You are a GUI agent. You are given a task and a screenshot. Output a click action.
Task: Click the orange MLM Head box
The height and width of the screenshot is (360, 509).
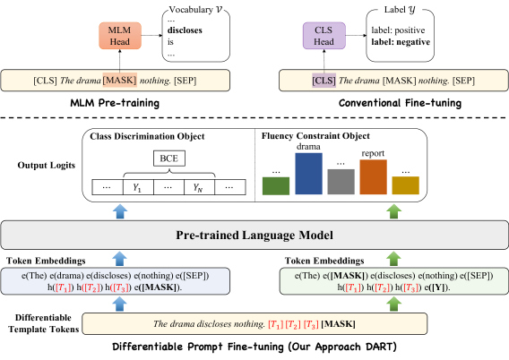click(x=120, y=36)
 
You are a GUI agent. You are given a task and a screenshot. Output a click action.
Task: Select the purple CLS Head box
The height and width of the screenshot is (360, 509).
click(x=324, y=36)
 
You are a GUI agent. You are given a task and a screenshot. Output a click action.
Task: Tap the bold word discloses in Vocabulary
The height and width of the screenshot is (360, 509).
click(x=185, y=30)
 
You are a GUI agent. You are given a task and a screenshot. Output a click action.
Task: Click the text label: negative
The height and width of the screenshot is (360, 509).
click(x=401, y=42)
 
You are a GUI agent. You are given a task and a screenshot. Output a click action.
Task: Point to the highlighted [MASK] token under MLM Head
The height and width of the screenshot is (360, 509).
click(x=120, y=80)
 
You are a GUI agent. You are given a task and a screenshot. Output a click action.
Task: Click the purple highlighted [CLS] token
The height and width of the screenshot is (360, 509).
click(x=324, y=81)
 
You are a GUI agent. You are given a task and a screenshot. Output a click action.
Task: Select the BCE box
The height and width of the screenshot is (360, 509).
click(x=169, y=159)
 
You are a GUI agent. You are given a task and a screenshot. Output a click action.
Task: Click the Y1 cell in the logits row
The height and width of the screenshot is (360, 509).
click(x=138, y=187)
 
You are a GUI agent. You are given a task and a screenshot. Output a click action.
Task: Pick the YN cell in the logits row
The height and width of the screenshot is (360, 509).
click(x=199, y=187)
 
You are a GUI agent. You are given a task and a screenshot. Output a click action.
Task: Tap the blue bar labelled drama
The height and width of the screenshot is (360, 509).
click(x=308, y=174)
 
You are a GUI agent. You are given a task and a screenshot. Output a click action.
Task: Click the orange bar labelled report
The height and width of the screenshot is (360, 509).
click(x=374, y=176)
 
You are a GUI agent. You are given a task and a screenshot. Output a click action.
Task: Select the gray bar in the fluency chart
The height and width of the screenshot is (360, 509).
click(x=341, y=182)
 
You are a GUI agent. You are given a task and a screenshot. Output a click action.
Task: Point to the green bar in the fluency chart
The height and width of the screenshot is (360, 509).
click(x=276, y=186)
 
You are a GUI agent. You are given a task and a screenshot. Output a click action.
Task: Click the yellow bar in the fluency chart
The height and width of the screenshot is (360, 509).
click(x=406, y=185)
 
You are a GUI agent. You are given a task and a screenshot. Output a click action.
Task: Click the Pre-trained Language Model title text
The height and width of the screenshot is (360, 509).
click(x=254, y=235)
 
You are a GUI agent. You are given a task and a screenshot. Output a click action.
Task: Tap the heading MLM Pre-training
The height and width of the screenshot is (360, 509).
click(x=115, y=103)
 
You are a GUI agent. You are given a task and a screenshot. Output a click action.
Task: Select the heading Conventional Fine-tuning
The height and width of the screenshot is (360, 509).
click(x=400, y=103)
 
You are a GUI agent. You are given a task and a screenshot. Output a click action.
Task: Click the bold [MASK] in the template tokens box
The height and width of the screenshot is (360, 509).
click(x=338, y=323)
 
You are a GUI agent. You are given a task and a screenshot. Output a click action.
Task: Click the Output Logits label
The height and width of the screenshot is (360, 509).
click(x=47, y=166)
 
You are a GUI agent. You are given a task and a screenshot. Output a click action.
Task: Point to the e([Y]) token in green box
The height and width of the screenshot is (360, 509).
click(x=437, y=287)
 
